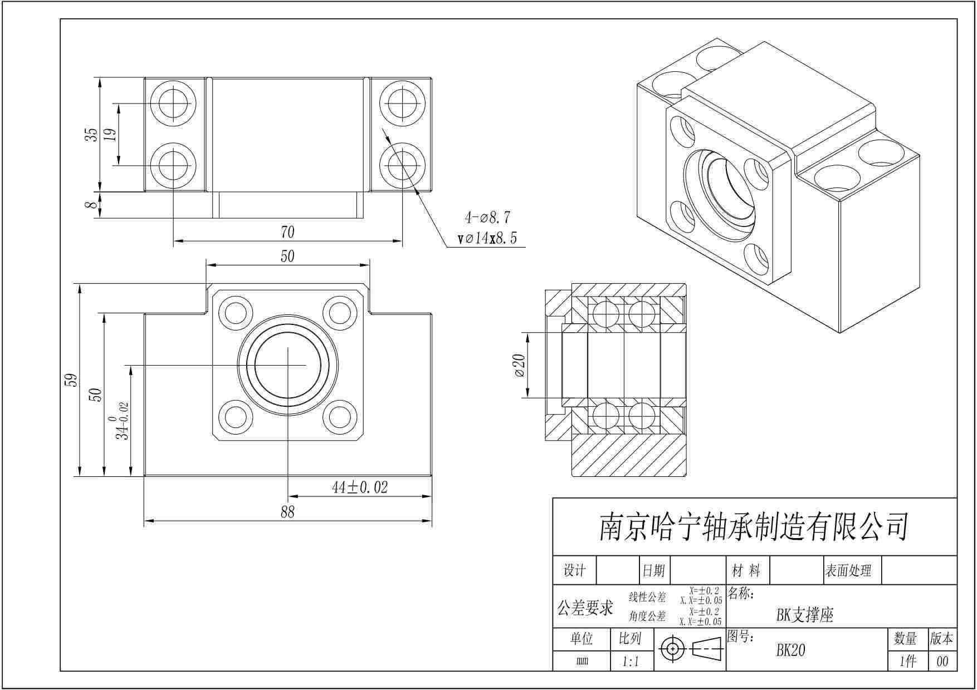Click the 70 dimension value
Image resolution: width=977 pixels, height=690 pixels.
point(287,231)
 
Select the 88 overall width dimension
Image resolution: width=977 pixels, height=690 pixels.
point(287,511)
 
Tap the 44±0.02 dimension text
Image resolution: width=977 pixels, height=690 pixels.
point(360,487)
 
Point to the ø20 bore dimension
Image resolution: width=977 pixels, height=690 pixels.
point(519,365)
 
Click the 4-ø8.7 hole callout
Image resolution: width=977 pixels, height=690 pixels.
point(487,217)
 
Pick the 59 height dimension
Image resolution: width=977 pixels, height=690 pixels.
point(71,380)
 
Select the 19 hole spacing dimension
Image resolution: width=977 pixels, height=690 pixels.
point(110,134)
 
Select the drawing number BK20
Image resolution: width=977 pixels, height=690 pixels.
point(790,650)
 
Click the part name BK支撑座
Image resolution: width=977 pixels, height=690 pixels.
point(805,615)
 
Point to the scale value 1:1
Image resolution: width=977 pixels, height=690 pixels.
point(631,662)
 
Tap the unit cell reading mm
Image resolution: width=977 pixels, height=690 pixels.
point(582,662)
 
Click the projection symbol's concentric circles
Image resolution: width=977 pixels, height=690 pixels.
point(672,649)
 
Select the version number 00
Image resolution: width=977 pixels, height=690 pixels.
point(942,662)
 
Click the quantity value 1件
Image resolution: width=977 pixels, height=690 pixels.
point(908,662)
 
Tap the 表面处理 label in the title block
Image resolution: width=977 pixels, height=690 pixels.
point(848,570)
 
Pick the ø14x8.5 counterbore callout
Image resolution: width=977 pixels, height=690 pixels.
point(487,239)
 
